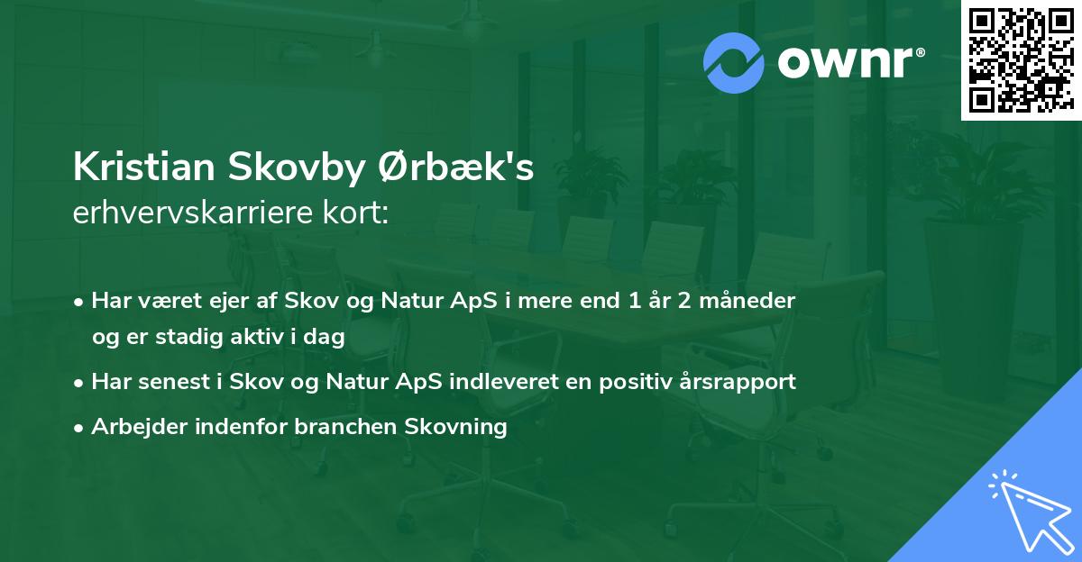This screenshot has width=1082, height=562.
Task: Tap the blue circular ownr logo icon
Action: pyautogui.click(x=734, y=62)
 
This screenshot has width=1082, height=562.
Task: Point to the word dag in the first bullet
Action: pyautogui.click(x=326, y=337)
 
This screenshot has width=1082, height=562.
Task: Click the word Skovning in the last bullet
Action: pyautogui.click(x=463, y=427)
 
